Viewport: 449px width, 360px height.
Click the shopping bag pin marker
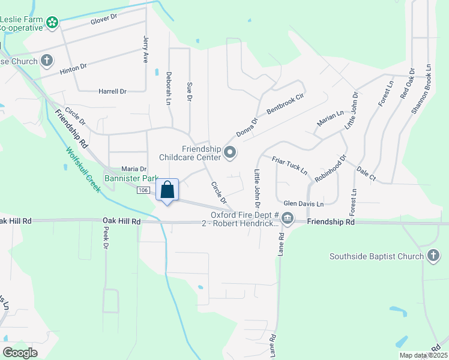coord(168,191)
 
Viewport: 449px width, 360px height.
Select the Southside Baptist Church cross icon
coord(433,257)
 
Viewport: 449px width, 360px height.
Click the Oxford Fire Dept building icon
coord(288,218)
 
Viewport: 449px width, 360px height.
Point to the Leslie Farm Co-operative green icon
coord(53,23)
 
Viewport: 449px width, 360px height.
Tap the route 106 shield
coord(143,190)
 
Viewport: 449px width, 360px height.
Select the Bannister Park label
coord(130,179)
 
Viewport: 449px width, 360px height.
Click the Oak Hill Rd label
coord(121,221)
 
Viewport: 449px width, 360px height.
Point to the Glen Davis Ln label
coord(304,204)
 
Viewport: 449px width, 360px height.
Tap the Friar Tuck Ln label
coord(289,166)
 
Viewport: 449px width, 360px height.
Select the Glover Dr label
coord(103,21)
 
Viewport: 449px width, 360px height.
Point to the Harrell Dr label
coord(112,91)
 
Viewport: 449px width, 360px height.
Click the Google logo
coord(21,353)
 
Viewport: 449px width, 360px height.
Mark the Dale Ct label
coord(366,174)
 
